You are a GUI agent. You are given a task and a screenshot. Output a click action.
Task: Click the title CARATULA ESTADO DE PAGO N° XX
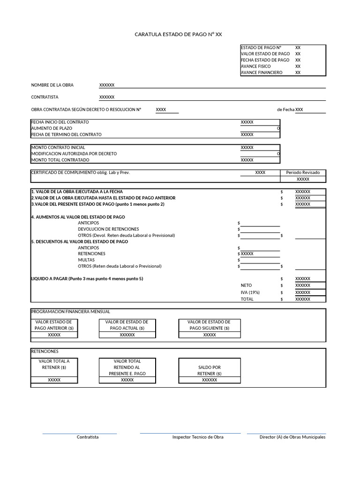(x=178, y=34)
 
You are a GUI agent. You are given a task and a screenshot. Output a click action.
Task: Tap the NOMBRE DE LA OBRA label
(x=52, y=85)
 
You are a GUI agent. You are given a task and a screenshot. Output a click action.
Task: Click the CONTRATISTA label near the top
(x=45, y=97)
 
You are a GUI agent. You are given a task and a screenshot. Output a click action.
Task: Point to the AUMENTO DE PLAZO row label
(x=52, y=128)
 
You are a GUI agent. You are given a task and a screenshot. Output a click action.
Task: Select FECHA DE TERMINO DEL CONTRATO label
(x=66, y=135)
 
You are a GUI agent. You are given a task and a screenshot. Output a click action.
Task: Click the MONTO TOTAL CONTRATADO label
(x=60, y=160)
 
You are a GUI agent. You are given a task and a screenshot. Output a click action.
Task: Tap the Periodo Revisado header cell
(x=303, y=172)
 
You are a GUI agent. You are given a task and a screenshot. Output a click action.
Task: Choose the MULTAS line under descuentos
(x=86, y=260)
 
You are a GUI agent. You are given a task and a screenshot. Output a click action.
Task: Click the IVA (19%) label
(x=250, y=292)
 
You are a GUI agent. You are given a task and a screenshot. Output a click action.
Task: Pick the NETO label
(x=246, y=285)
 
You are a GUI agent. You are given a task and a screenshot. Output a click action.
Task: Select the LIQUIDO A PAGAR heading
(x=87, y=278)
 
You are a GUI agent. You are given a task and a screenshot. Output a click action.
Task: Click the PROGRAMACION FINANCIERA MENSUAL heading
(x=70, y=312)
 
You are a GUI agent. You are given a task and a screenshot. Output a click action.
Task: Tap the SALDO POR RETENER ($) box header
(x=210, y=370)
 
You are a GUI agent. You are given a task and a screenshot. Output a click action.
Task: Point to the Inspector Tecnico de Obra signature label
(x=198, y=437)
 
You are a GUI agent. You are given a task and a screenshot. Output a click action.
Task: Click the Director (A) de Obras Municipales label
(x=292, y=437)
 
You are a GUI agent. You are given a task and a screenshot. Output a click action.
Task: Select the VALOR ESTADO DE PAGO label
(x=265, y=54)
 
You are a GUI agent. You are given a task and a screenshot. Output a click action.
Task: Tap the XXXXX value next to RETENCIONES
(x=247, y=254)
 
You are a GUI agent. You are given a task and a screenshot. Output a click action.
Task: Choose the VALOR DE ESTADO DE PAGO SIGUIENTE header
(x=210, y=325)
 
